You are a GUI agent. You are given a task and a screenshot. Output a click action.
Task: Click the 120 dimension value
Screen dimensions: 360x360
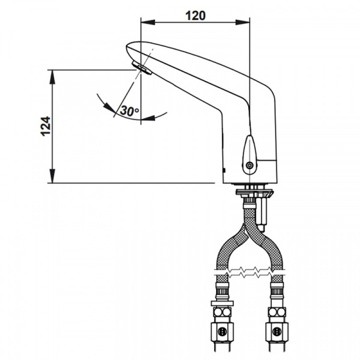196,16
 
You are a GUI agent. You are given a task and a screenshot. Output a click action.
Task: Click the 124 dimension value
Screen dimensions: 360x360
46,126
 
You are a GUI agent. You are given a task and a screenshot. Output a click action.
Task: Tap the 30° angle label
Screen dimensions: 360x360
130,110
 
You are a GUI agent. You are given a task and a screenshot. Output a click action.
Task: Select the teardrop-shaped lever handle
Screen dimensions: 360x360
250,155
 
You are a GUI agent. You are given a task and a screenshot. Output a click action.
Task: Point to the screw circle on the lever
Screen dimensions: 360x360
250,165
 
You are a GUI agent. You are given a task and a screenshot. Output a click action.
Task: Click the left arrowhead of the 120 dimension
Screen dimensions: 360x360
148,22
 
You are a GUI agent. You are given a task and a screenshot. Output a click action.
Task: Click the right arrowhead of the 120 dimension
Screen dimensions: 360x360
242,22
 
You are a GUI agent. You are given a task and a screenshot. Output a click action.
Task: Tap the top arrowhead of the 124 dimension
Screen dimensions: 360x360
53,77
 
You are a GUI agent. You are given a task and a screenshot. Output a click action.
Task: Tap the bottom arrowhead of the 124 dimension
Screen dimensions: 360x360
53,176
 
